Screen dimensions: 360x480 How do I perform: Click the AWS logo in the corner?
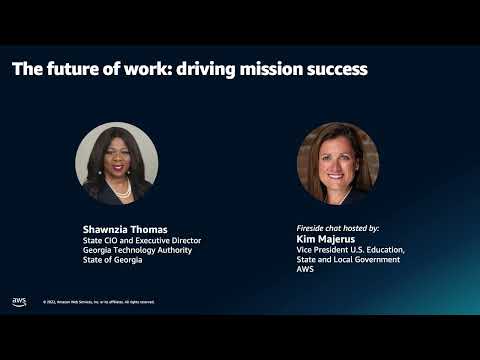coord(19,301)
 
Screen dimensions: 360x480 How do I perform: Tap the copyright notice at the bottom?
coord(98,302)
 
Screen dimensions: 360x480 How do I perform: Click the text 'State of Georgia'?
coord(112,260)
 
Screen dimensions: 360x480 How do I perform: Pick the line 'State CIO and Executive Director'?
coord(142,240)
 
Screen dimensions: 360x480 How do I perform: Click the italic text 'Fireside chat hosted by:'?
coord(338,228)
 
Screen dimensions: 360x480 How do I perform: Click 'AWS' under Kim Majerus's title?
coord(306,270)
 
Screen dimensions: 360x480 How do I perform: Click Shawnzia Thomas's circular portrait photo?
coord(116,163)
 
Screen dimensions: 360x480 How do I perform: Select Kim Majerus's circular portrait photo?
coord(338,163)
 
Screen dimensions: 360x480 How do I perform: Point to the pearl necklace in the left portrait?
coord(123,188)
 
